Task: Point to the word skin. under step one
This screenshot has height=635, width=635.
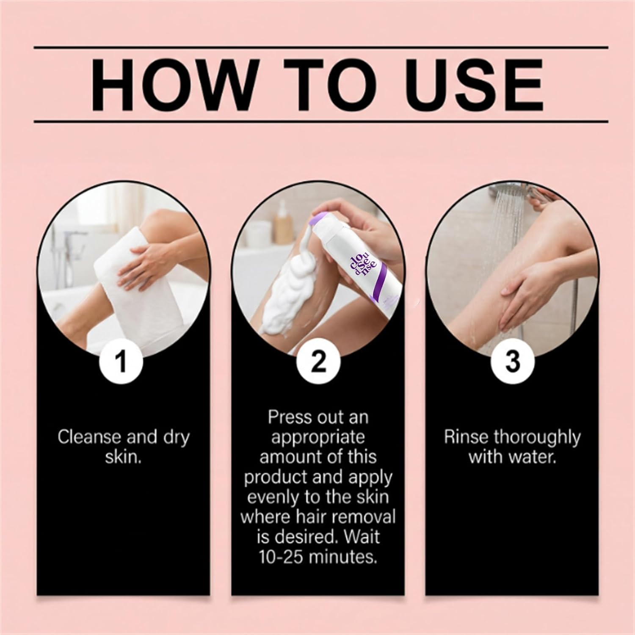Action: (123, 458)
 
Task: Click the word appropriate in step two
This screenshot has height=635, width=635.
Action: (317, 437)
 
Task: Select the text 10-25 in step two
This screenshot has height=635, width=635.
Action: (281, 557)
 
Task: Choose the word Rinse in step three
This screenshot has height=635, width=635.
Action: (466, 437)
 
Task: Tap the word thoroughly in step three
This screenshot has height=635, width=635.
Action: (537, 437)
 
